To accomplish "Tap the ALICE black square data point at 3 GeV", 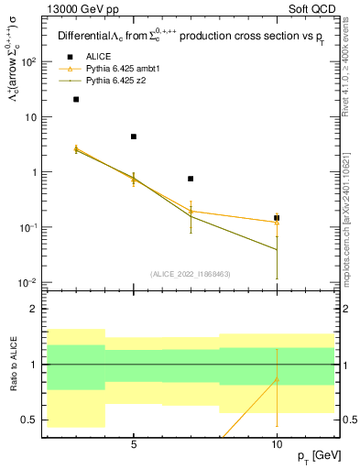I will click(76, 100).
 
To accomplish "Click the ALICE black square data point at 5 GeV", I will click(134, 136).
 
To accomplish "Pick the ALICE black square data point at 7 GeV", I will click(191, 179).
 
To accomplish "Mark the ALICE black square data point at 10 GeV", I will click(277, 218).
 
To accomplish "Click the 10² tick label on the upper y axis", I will click(29, 61).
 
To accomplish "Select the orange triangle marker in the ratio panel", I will click(277, 379).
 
